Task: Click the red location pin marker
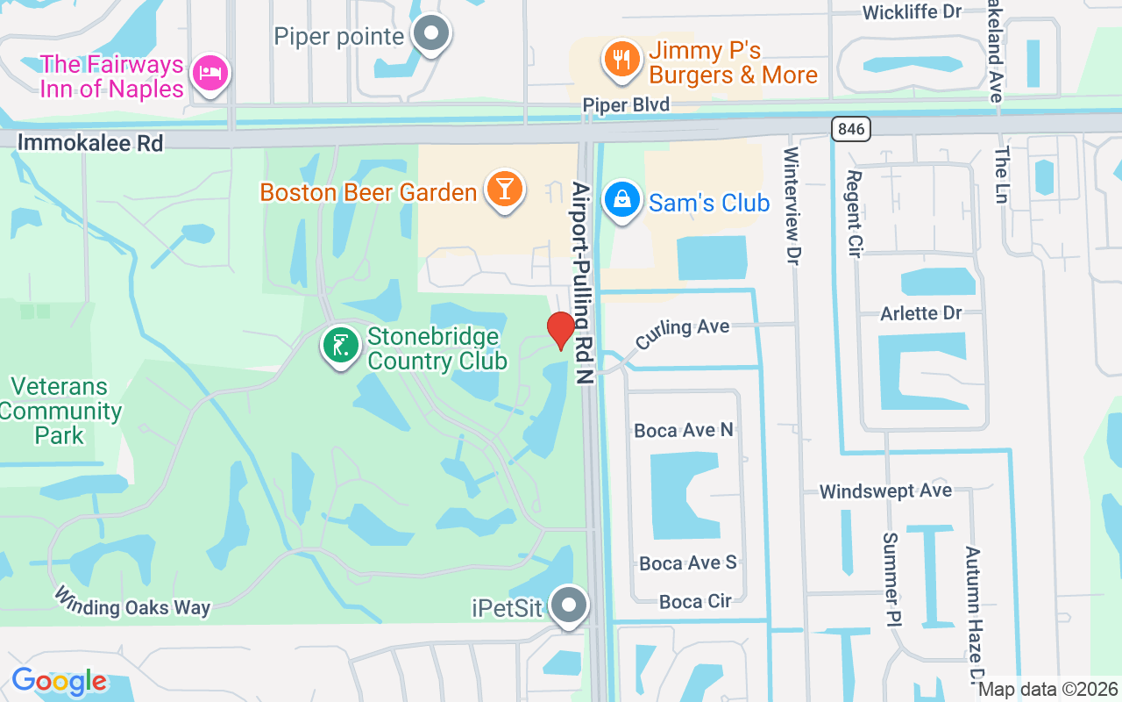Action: (x=561, y=330)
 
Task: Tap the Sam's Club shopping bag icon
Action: (x=621, y=199)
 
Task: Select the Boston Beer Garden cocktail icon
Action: (x=504, y=189)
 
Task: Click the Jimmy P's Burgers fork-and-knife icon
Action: (x=621, y=60)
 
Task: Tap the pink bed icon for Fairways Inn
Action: (x=210, y=73)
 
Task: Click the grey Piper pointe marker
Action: (x=430, y=35)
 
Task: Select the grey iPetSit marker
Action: (x=570, y=605)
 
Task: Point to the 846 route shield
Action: (x=850, y=130)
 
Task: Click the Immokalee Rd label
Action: (x=90, y=142)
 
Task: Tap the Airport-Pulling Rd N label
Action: (x=582, y=283)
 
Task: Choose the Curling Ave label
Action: (x=683, y=333)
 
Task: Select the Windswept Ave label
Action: (x=885, y=491)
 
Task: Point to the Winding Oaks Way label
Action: (x=132, y=602)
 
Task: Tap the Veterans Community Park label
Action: (x=60, y=411)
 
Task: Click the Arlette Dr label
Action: (x=920, y=313)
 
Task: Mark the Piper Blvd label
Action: (x=626, y=105)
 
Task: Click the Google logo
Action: (x=60, y=681)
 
